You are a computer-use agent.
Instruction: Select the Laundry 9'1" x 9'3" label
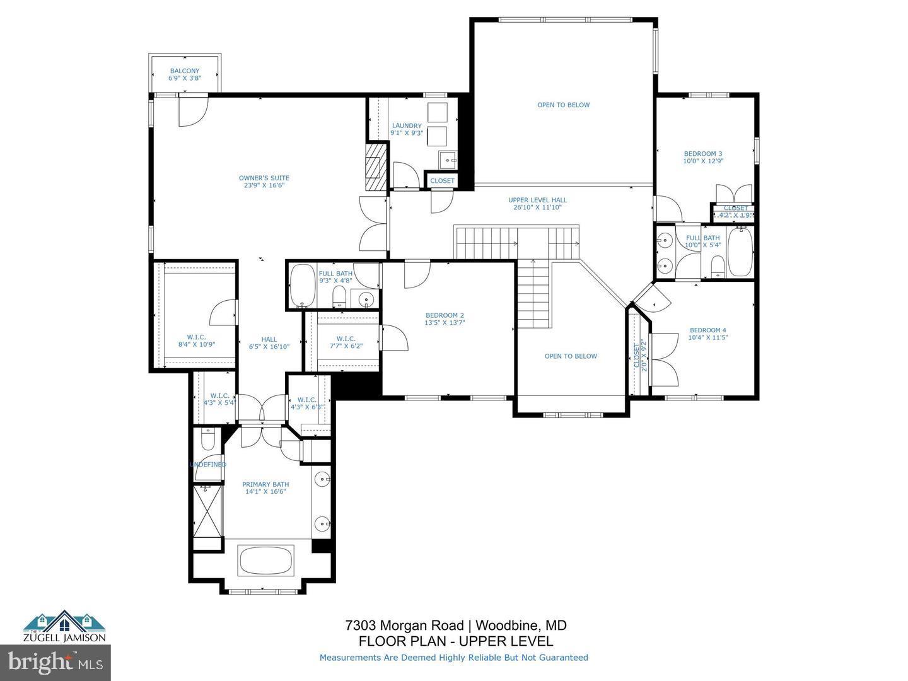pos(407,129)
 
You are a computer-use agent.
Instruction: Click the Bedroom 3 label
pos(703,157)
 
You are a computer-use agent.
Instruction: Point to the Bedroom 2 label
pos(445,319)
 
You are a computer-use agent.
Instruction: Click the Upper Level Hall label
pos(537,204)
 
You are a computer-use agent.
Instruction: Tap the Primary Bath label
pos(265,488)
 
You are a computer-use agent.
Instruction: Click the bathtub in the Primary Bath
pos(265,559)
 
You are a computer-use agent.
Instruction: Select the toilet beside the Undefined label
pos(207,439)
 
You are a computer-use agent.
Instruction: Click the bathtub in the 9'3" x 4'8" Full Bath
pos(302,284)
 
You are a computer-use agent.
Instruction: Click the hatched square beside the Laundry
pos(376,166)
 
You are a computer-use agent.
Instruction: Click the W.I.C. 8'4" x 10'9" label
pos(196,341)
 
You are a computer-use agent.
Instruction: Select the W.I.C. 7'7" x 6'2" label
pos(346,342)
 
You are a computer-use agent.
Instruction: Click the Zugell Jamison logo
pos(64,626)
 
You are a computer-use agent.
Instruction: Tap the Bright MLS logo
pos(55,662)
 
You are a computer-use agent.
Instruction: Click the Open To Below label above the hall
pos(563,105)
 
